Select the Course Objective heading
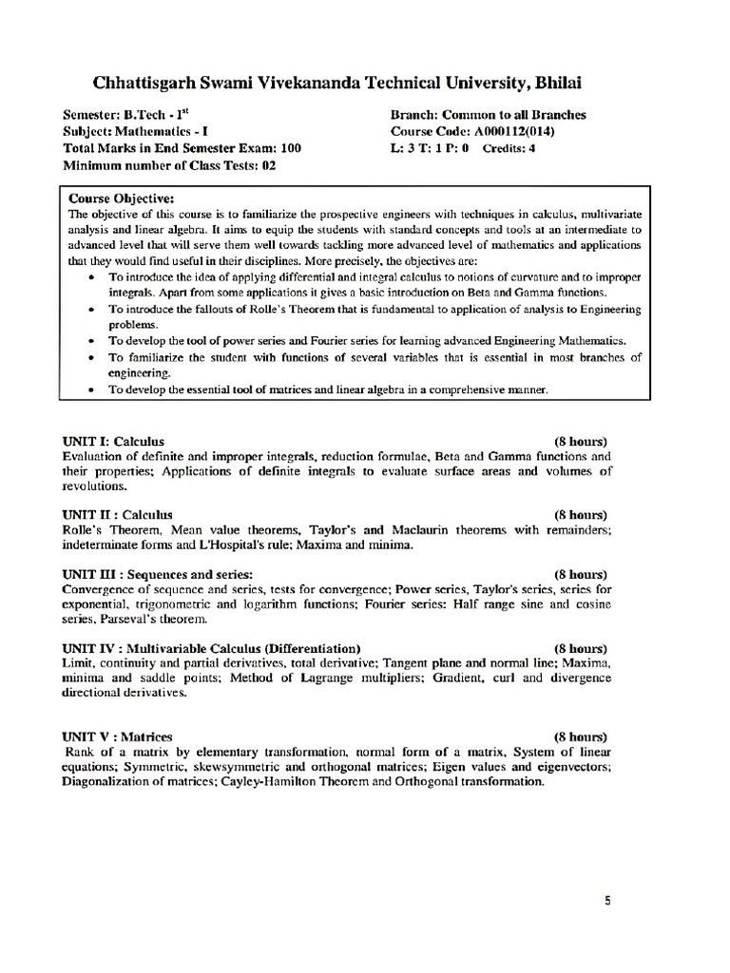pos(121,199)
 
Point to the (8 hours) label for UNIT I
pos(581,441)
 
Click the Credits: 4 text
pos(509,148)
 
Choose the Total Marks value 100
pos(291,148)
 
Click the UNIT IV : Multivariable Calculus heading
pos(211,648)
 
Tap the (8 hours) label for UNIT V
pos(581,736)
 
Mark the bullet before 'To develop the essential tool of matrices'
pos(89,391)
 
